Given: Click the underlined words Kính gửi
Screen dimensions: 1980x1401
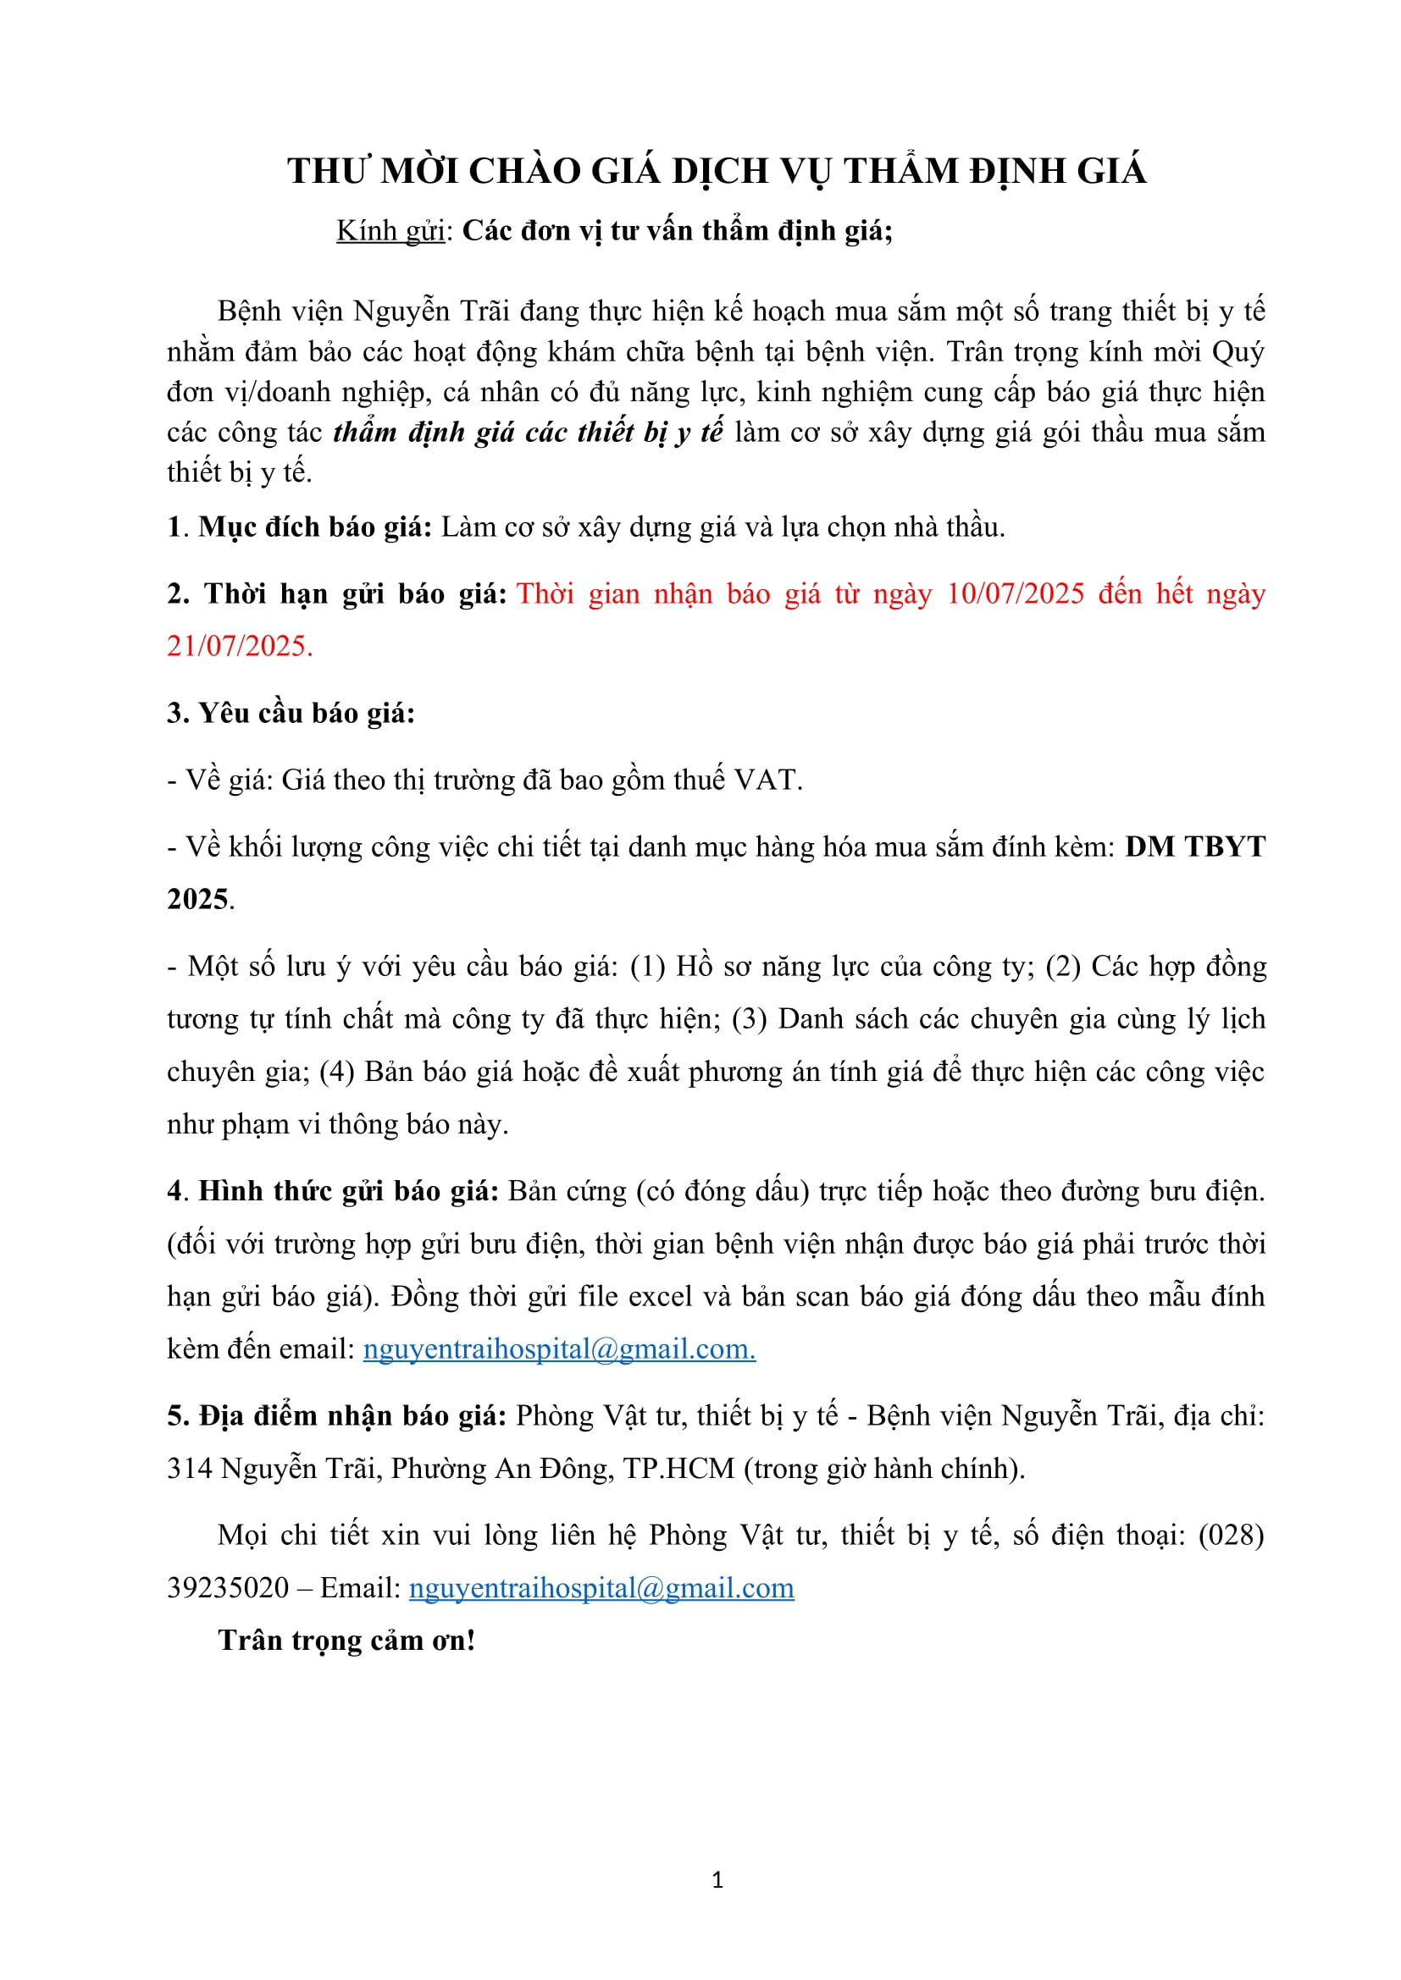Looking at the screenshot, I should (390, 230).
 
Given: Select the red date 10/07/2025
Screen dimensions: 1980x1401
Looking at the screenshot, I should (1015, 593).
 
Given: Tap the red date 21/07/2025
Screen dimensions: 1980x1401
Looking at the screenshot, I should (239, 645).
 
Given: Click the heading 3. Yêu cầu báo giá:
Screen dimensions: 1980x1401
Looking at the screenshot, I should (291, 712).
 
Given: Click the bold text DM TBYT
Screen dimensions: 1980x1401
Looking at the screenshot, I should (1195, 846).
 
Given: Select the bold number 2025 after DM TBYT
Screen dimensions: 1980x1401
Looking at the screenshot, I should (197, 899).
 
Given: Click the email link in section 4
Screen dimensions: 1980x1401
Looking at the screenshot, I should (559, 1348).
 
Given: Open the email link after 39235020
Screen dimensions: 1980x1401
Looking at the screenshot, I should (601, 1587).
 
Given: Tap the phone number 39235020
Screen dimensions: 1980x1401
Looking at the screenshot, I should (228, 1587).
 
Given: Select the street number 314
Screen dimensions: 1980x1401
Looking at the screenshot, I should (189, 1469).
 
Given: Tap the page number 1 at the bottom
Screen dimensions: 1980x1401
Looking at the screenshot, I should (717, 1880).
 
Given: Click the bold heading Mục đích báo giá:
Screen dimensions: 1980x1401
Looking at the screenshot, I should (315, 526).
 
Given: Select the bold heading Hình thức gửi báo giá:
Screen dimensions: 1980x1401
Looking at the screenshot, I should (348, 1191).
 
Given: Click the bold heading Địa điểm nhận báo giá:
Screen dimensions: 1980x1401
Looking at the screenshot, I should (352, 1416).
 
